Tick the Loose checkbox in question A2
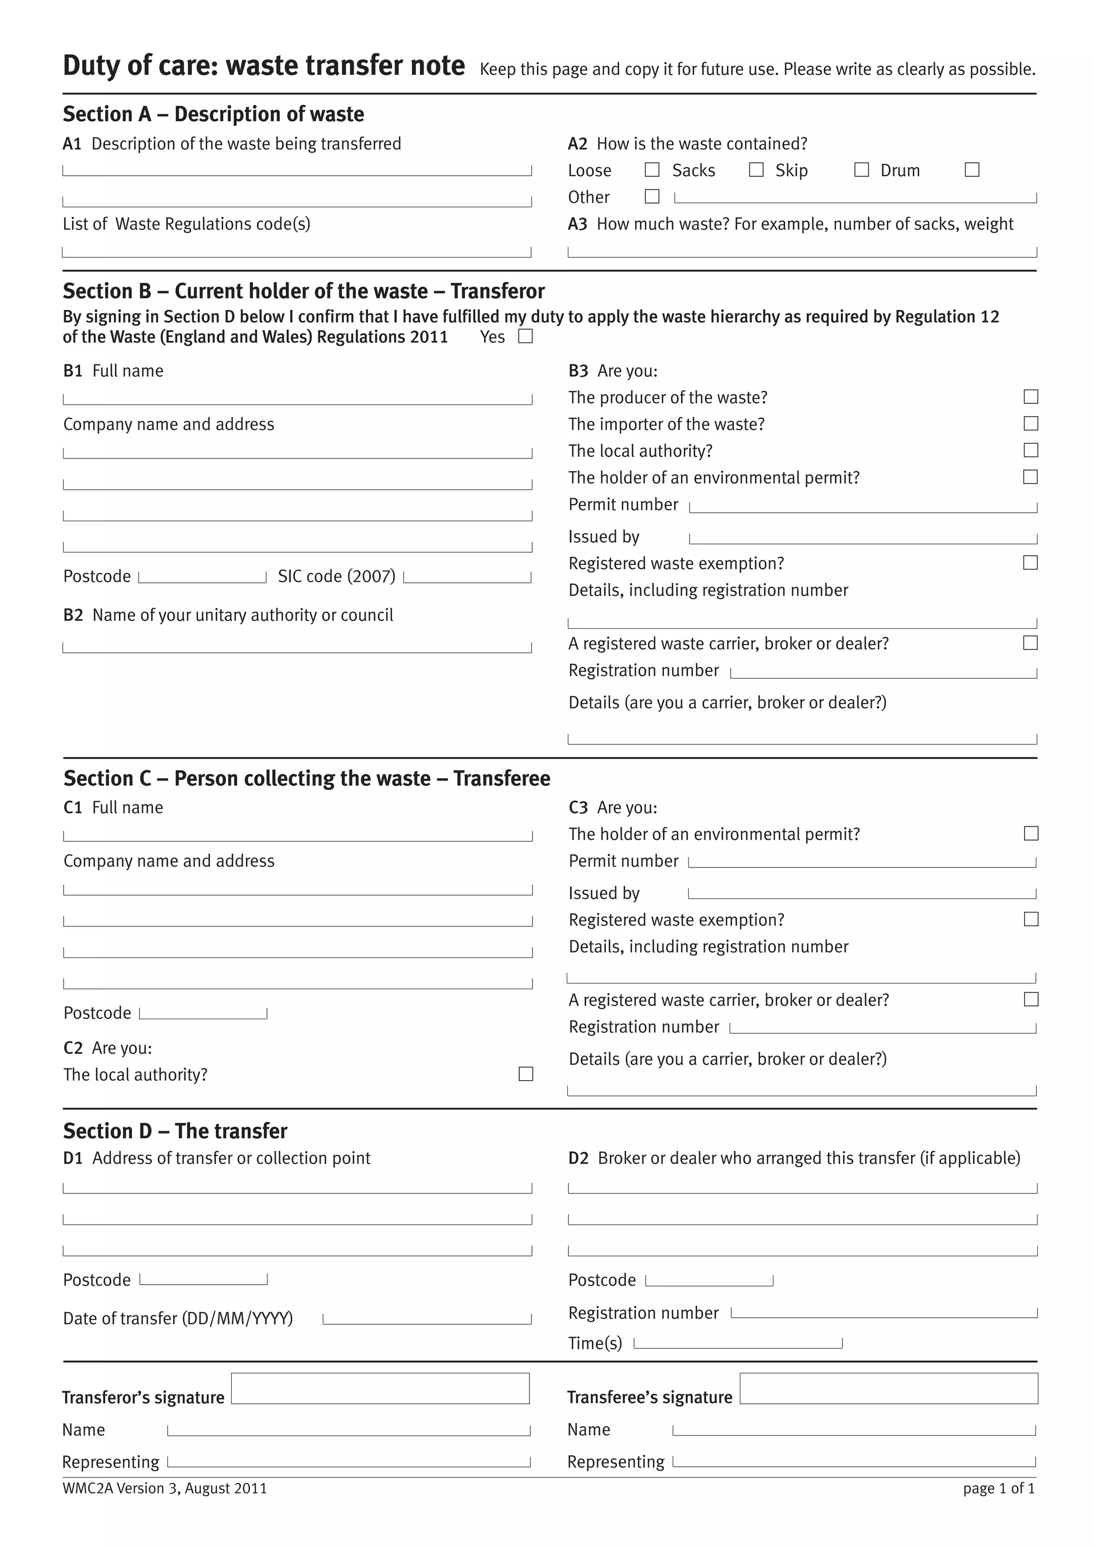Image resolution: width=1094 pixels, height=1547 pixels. pyautogui.click(x=652, y=170)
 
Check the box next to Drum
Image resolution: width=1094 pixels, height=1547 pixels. pyautogui.click(x=972, y=170)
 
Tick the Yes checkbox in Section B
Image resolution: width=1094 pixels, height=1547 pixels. pyautogui.click(x=526, y=336)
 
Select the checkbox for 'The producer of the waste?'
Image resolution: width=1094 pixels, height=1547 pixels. pyautogui.click(x=1030, y=397)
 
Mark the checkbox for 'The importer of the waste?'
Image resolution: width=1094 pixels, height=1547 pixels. pyautogui.click(x=1030, y=424)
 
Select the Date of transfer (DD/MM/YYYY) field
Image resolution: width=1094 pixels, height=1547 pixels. pyautogui.click(x=427, y=1318)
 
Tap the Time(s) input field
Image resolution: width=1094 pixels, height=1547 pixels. pyautogui.click(x=738, y=1343)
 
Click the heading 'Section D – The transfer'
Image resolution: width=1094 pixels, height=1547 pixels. pyautogui.click(x=175, y=1131)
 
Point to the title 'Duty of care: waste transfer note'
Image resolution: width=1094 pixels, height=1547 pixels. pyautogui.click(x=263, y=66)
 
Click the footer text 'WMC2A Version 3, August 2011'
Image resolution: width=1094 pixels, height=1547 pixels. pyautogui.click(x=165, y=1488)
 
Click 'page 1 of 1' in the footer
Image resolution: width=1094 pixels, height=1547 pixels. pyautogui.click(x=998, y=1488)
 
